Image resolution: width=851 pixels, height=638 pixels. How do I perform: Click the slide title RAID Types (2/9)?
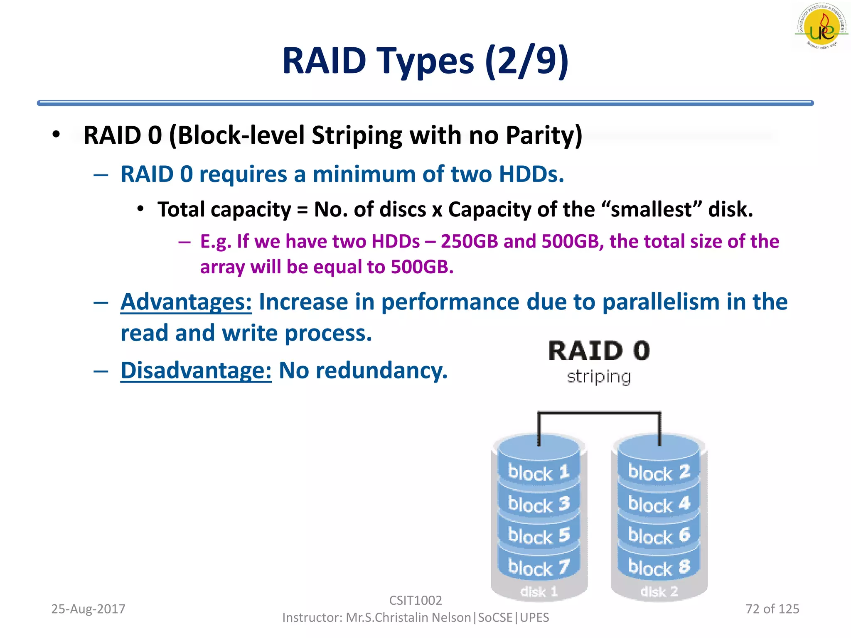pos(425,61)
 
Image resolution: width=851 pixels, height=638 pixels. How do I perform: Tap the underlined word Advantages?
pos(186,302)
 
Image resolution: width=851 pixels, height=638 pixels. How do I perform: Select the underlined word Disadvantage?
pos(196,371)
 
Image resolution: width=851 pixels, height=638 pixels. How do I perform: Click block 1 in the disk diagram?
pos(539,473)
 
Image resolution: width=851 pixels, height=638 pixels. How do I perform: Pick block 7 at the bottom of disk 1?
pos(539,567)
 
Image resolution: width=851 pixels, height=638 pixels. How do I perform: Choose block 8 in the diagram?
pos(659,567)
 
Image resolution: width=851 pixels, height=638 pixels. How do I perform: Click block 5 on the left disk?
pos(539,536)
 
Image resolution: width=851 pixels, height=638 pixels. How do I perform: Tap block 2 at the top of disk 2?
pos(659,473)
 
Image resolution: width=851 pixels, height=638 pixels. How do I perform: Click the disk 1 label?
pos(539,591)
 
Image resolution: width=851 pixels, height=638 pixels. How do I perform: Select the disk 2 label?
pos(659,591)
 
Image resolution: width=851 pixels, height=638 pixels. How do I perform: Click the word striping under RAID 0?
pos(599,377)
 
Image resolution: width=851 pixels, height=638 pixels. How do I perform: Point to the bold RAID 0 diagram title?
pos(599,351)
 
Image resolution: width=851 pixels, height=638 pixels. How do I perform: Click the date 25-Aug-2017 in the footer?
pos(88,609)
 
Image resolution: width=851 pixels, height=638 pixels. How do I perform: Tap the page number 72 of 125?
pos(772,609)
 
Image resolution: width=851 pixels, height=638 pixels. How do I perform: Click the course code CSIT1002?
pos(416,600)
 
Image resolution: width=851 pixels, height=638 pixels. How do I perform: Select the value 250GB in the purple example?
pos(469,242)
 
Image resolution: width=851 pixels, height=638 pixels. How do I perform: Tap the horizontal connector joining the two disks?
pos(599,413)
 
